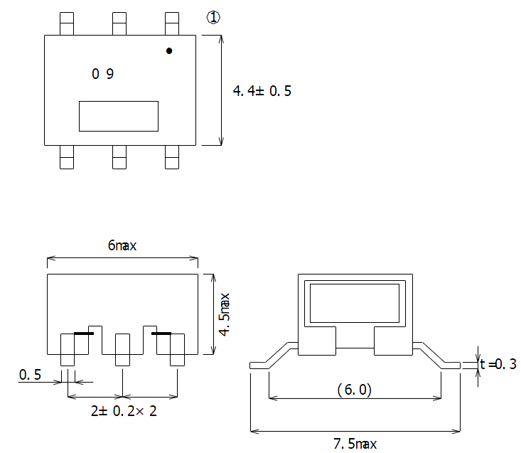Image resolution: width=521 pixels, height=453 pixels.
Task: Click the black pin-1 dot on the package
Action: [169, 51]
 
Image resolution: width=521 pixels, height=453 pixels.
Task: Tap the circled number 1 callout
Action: [213, 17]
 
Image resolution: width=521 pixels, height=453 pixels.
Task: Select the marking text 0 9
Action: [102, 74]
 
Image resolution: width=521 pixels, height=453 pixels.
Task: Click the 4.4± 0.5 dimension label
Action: [262, 91]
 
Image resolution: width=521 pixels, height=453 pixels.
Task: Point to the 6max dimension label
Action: [122, 245]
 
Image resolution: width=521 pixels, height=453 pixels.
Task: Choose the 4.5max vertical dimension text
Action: [225, 314]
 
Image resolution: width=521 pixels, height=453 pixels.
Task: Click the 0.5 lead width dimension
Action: [30, 375]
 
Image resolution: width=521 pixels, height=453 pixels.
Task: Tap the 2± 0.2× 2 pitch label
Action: [124, 411]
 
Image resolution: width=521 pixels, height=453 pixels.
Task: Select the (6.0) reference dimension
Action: [355, 390]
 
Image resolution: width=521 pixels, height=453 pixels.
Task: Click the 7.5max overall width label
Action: [355, 444]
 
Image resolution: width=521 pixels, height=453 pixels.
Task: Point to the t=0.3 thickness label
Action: [498, 364]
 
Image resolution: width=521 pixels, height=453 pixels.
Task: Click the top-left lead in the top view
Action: [67, 23]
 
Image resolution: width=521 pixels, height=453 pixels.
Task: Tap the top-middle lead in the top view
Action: [119, 23]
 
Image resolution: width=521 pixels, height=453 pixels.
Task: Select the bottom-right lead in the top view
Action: [172, 157]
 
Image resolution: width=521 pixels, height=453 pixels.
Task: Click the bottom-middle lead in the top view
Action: [119, 157]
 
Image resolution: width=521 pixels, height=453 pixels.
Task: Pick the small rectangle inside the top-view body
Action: [119, 117]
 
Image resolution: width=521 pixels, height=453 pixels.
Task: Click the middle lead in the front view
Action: [122, 350]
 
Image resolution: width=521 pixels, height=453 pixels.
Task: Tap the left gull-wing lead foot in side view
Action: [259, 366]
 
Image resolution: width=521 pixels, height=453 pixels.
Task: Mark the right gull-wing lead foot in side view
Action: [451, 366]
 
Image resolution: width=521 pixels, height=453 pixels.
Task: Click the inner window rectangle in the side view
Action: [355, 303]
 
